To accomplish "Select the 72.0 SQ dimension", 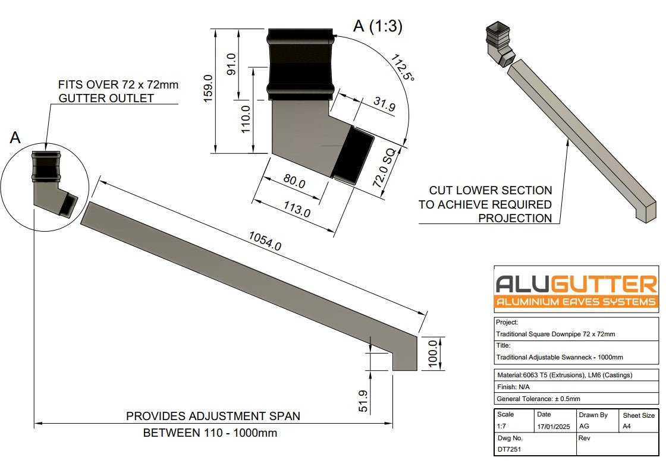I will pyautogui.click(x=385, y=168).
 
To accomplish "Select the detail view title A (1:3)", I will pyautogui.click(x=378, y=26).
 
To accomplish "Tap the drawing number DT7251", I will pyautogui.click(x=509, y=449).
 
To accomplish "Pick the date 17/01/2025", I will pyautogui.click(x=553, y=427).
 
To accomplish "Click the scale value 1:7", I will pyautogui.click(x=503, y=427).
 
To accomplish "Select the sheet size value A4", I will pyautogui.click(x=627, y=427).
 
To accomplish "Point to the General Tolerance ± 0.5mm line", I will pyautogui.click(x=538, y=399).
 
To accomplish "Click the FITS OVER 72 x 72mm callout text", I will pyautogui.click(x=118, y=85).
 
